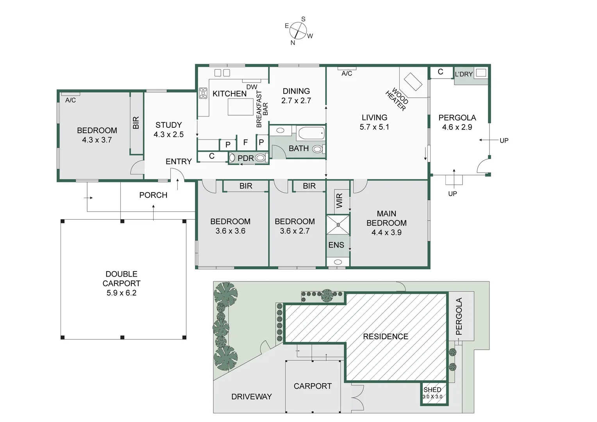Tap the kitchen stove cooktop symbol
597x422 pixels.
point(203,93)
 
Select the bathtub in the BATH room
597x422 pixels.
point(311,133)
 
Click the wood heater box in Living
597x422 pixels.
point(413,82)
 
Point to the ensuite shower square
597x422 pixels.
point(338,225)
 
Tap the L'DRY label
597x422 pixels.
point(464,74)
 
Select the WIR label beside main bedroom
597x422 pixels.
point(339,200)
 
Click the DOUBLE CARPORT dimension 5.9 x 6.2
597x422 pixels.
point(122,293)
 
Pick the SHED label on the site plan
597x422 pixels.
point(432,390)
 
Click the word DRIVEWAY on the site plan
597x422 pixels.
point(251,397)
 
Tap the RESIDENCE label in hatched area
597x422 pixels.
point(385,336)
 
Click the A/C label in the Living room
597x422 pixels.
point(347,73)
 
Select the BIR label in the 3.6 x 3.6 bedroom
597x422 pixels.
point(246,186)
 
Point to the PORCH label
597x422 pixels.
point(153,195)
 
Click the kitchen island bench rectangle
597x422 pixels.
point(240,107)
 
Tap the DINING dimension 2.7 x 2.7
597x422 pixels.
point(296,100)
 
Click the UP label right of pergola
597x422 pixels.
point(504,140)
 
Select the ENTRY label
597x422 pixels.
point(179,161)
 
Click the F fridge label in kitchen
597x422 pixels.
point(245,143)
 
